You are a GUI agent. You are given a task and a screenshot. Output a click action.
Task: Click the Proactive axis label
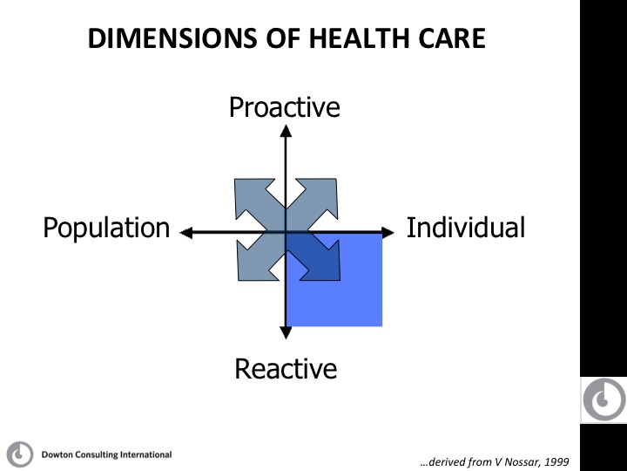coord(284,107)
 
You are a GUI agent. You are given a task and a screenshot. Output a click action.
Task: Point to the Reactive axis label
coord(286,368)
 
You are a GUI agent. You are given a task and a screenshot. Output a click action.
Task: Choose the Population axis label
coord(106,229)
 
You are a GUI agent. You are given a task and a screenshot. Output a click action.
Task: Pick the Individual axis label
coord(466,228)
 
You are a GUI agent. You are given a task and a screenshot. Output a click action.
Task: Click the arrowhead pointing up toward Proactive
coord(286,131)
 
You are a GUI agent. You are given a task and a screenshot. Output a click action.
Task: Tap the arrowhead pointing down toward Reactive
coord(286,333)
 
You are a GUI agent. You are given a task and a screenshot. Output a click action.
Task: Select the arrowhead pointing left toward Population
coord(186,232)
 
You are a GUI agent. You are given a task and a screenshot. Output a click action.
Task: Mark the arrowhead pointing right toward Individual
coord(388,232)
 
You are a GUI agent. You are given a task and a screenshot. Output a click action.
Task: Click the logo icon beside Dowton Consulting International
coord(20,454)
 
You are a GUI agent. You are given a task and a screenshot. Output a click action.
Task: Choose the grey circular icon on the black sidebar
coord(604,399)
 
